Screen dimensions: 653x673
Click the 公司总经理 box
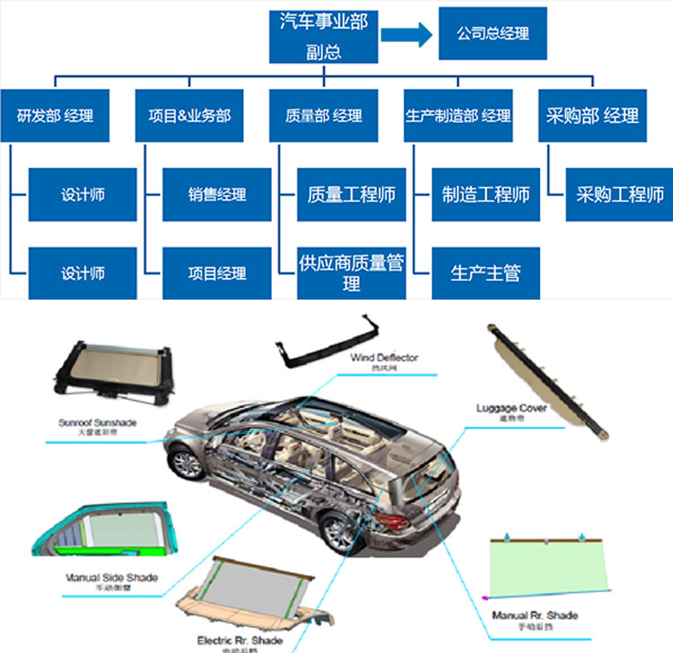493,34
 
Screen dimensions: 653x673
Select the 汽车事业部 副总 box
323,37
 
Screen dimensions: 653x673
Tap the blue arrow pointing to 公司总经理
405,35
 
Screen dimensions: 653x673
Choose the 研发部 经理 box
55,116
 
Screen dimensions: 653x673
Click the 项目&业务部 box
189,116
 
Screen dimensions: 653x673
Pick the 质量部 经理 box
324,116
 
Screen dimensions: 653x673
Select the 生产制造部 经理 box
458,116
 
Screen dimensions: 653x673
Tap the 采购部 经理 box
592,116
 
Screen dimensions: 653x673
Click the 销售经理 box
217,195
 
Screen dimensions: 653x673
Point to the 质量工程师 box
352,195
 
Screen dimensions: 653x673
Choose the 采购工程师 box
620,195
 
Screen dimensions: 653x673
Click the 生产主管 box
485,273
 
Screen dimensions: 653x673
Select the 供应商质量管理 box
352,273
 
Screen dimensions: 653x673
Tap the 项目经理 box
217,273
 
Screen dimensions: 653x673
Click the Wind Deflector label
384,358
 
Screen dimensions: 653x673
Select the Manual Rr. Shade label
535,615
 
